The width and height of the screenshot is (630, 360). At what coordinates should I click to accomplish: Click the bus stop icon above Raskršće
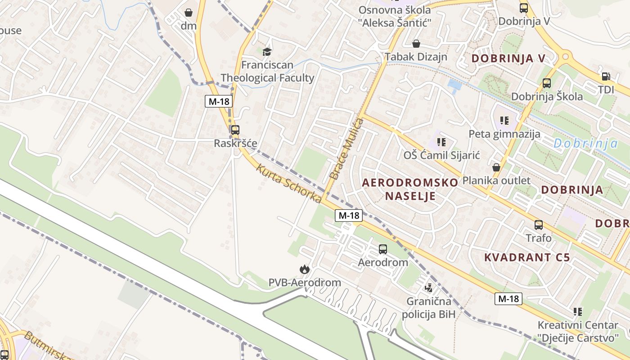coord(235,130)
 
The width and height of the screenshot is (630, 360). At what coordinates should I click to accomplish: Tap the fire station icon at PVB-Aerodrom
coord(305,269)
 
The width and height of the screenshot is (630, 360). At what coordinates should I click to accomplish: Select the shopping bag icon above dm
coord(189,12)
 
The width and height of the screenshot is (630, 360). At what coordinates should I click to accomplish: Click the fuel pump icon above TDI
coord(606,76)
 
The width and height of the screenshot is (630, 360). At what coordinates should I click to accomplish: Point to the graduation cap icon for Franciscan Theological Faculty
coord(267,51)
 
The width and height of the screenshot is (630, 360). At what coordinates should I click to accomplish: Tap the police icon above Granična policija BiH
coord(429,287)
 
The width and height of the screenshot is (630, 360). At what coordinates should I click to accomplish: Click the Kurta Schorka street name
coord(289,184)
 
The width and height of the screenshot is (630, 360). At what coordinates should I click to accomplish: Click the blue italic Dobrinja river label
coord(585,144)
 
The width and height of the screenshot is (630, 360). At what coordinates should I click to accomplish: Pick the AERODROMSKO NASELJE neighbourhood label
coord(410,189)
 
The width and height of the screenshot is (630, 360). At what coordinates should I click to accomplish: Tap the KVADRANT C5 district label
coord(527,257)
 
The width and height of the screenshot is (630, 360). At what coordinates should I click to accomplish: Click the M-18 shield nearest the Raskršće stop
coord(219,101)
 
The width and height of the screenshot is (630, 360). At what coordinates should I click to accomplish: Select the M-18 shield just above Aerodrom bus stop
coord(349,216)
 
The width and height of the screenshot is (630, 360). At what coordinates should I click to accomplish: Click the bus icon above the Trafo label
coord(538,225)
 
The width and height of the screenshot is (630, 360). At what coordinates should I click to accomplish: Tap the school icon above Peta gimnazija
coord(504,121)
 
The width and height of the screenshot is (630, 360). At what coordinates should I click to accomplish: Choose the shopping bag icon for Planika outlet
coord(496,167)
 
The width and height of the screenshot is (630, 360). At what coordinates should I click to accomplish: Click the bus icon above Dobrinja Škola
coord(546,83)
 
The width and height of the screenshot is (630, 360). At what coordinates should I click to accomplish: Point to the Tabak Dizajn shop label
coord(416,57)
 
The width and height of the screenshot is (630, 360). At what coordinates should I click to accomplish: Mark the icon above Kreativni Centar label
coord(578,311)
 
